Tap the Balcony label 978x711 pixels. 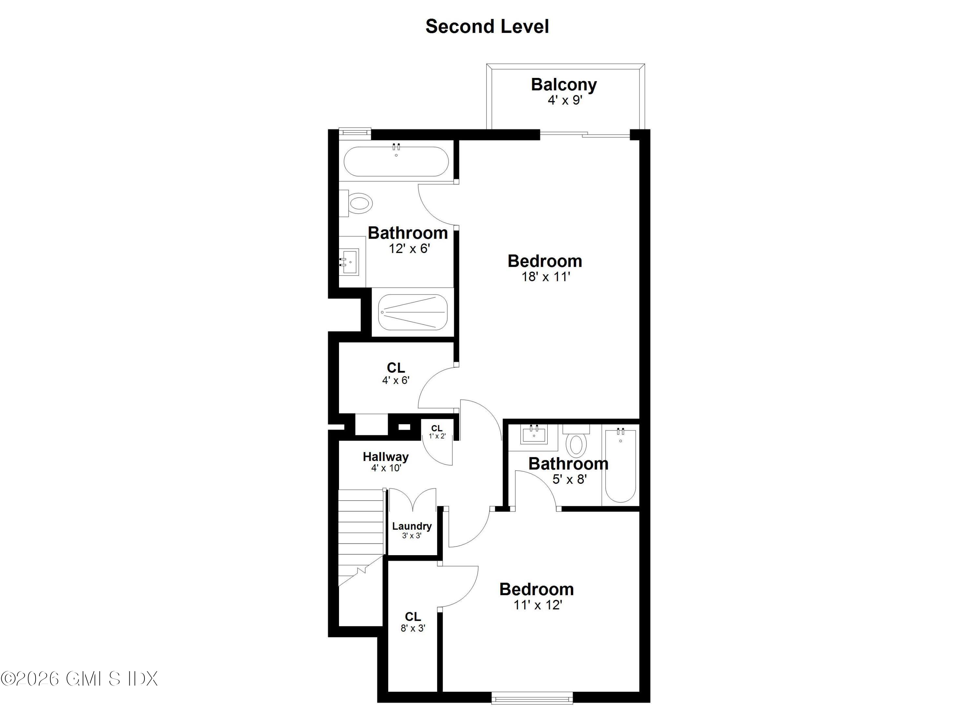click(x=564, y=84)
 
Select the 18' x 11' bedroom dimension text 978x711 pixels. click(x=545, y=276)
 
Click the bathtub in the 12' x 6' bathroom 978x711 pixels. click(x=396, y=162)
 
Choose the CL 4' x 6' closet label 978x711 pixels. click(x=395, y=368)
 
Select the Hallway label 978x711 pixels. click(x=386, y=457)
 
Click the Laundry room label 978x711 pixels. click(x=411, y=526)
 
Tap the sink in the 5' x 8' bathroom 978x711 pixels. click(x=534, y=434)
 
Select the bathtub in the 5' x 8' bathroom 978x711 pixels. click(x=620, y=466)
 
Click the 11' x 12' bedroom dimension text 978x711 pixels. click(x=537, y=605)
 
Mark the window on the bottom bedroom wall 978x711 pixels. click(x=532, y=698)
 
